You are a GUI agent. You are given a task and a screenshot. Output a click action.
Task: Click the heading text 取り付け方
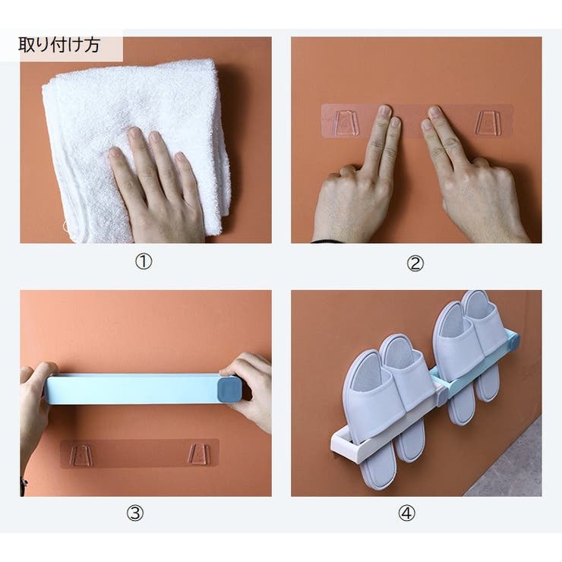[59, 45]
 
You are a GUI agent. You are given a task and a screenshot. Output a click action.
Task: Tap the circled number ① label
[144, 262]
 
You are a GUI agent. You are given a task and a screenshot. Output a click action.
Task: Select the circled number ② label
[415, 264]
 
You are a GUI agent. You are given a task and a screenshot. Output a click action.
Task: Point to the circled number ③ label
[135, 513]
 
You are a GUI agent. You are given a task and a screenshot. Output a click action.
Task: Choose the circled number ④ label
[407, 513]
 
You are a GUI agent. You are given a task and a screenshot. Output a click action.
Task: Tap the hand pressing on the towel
[158, 186]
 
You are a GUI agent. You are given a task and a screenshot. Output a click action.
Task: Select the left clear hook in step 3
[82, 455]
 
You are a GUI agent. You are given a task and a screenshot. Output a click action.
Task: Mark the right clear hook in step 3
[199, 455]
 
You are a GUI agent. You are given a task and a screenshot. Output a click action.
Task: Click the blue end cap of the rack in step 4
[513, 339]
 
